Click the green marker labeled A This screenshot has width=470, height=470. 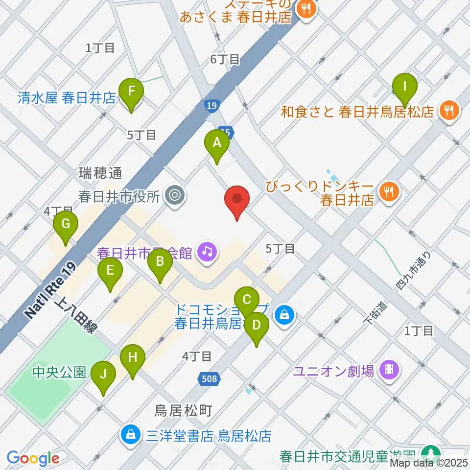[217, 143]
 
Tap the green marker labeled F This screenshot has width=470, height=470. [131, 91]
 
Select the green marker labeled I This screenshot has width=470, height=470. [405, 87]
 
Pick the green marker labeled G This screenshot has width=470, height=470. [66, 224]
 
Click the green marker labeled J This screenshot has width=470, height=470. [103, 375]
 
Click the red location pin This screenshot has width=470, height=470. [237, 199]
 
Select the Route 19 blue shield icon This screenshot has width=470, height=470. [211, 106]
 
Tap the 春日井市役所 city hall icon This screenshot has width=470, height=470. [175, 196]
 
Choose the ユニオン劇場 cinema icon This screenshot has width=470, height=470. [389, 368]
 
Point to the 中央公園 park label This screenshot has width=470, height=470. [60, 373]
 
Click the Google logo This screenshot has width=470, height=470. [33, 458]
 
